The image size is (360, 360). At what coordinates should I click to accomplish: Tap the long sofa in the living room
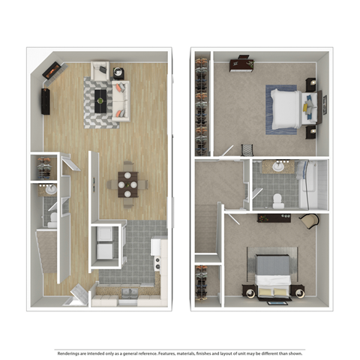click(120, 99)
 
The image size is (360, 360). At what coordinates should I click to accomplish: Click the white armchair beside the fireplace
click(101, 70)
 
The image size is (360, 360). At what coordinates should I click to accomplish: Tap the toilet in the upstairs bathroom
click(277, 199)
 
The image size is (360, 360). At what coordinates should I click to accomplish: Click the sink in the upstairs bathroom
click(279, 166)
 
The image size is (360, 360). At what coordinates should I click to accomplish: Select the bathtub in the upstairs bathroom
click(313, 184)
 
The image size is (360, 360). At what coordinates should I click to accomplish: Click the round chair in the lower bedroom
click(308, 220)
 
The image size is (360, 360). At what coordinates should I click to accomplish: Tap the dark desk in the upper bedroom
click(241, 64)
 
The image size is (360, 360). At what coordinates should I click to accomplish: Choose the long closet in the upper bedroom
click(201, 105)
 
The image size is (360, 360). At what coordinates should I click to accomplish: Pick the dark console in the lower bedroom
click(274, 218)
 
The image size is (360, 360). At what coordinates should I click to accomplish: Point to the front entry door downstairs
click(77, 296)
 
